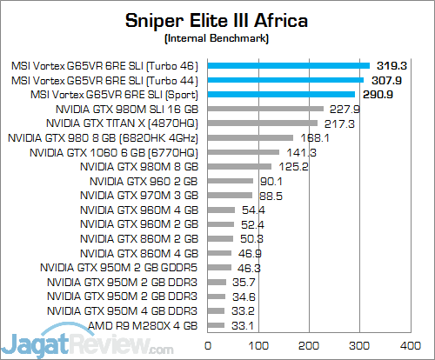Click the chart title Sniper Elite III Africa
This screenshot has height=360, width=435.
(x=217, y=20)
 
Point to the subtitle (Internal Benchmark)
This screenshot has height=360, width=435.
(x=217, y=39)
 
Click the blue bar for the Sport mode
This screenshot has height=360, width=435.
(x=278, y=94)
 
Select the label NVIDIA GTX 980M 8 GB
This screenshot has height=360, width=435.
(x=139, y=166)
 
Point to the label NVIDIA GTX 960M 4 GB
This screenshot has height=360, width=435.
(x=139, y=210)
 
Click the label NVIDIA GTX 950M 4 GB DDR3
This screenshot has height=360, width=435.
(x=123, y=310)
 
